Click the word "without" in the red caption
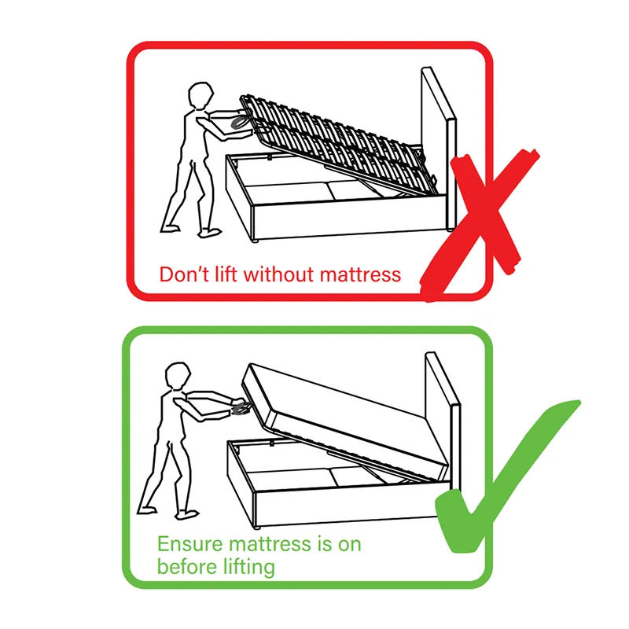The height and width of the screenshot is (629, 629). tap(271, 274)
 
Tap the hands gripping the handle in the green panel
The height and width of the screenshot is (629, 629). tap(238, 406)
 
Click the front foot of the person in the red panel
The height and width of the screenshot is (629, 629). tap(211, 233)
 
